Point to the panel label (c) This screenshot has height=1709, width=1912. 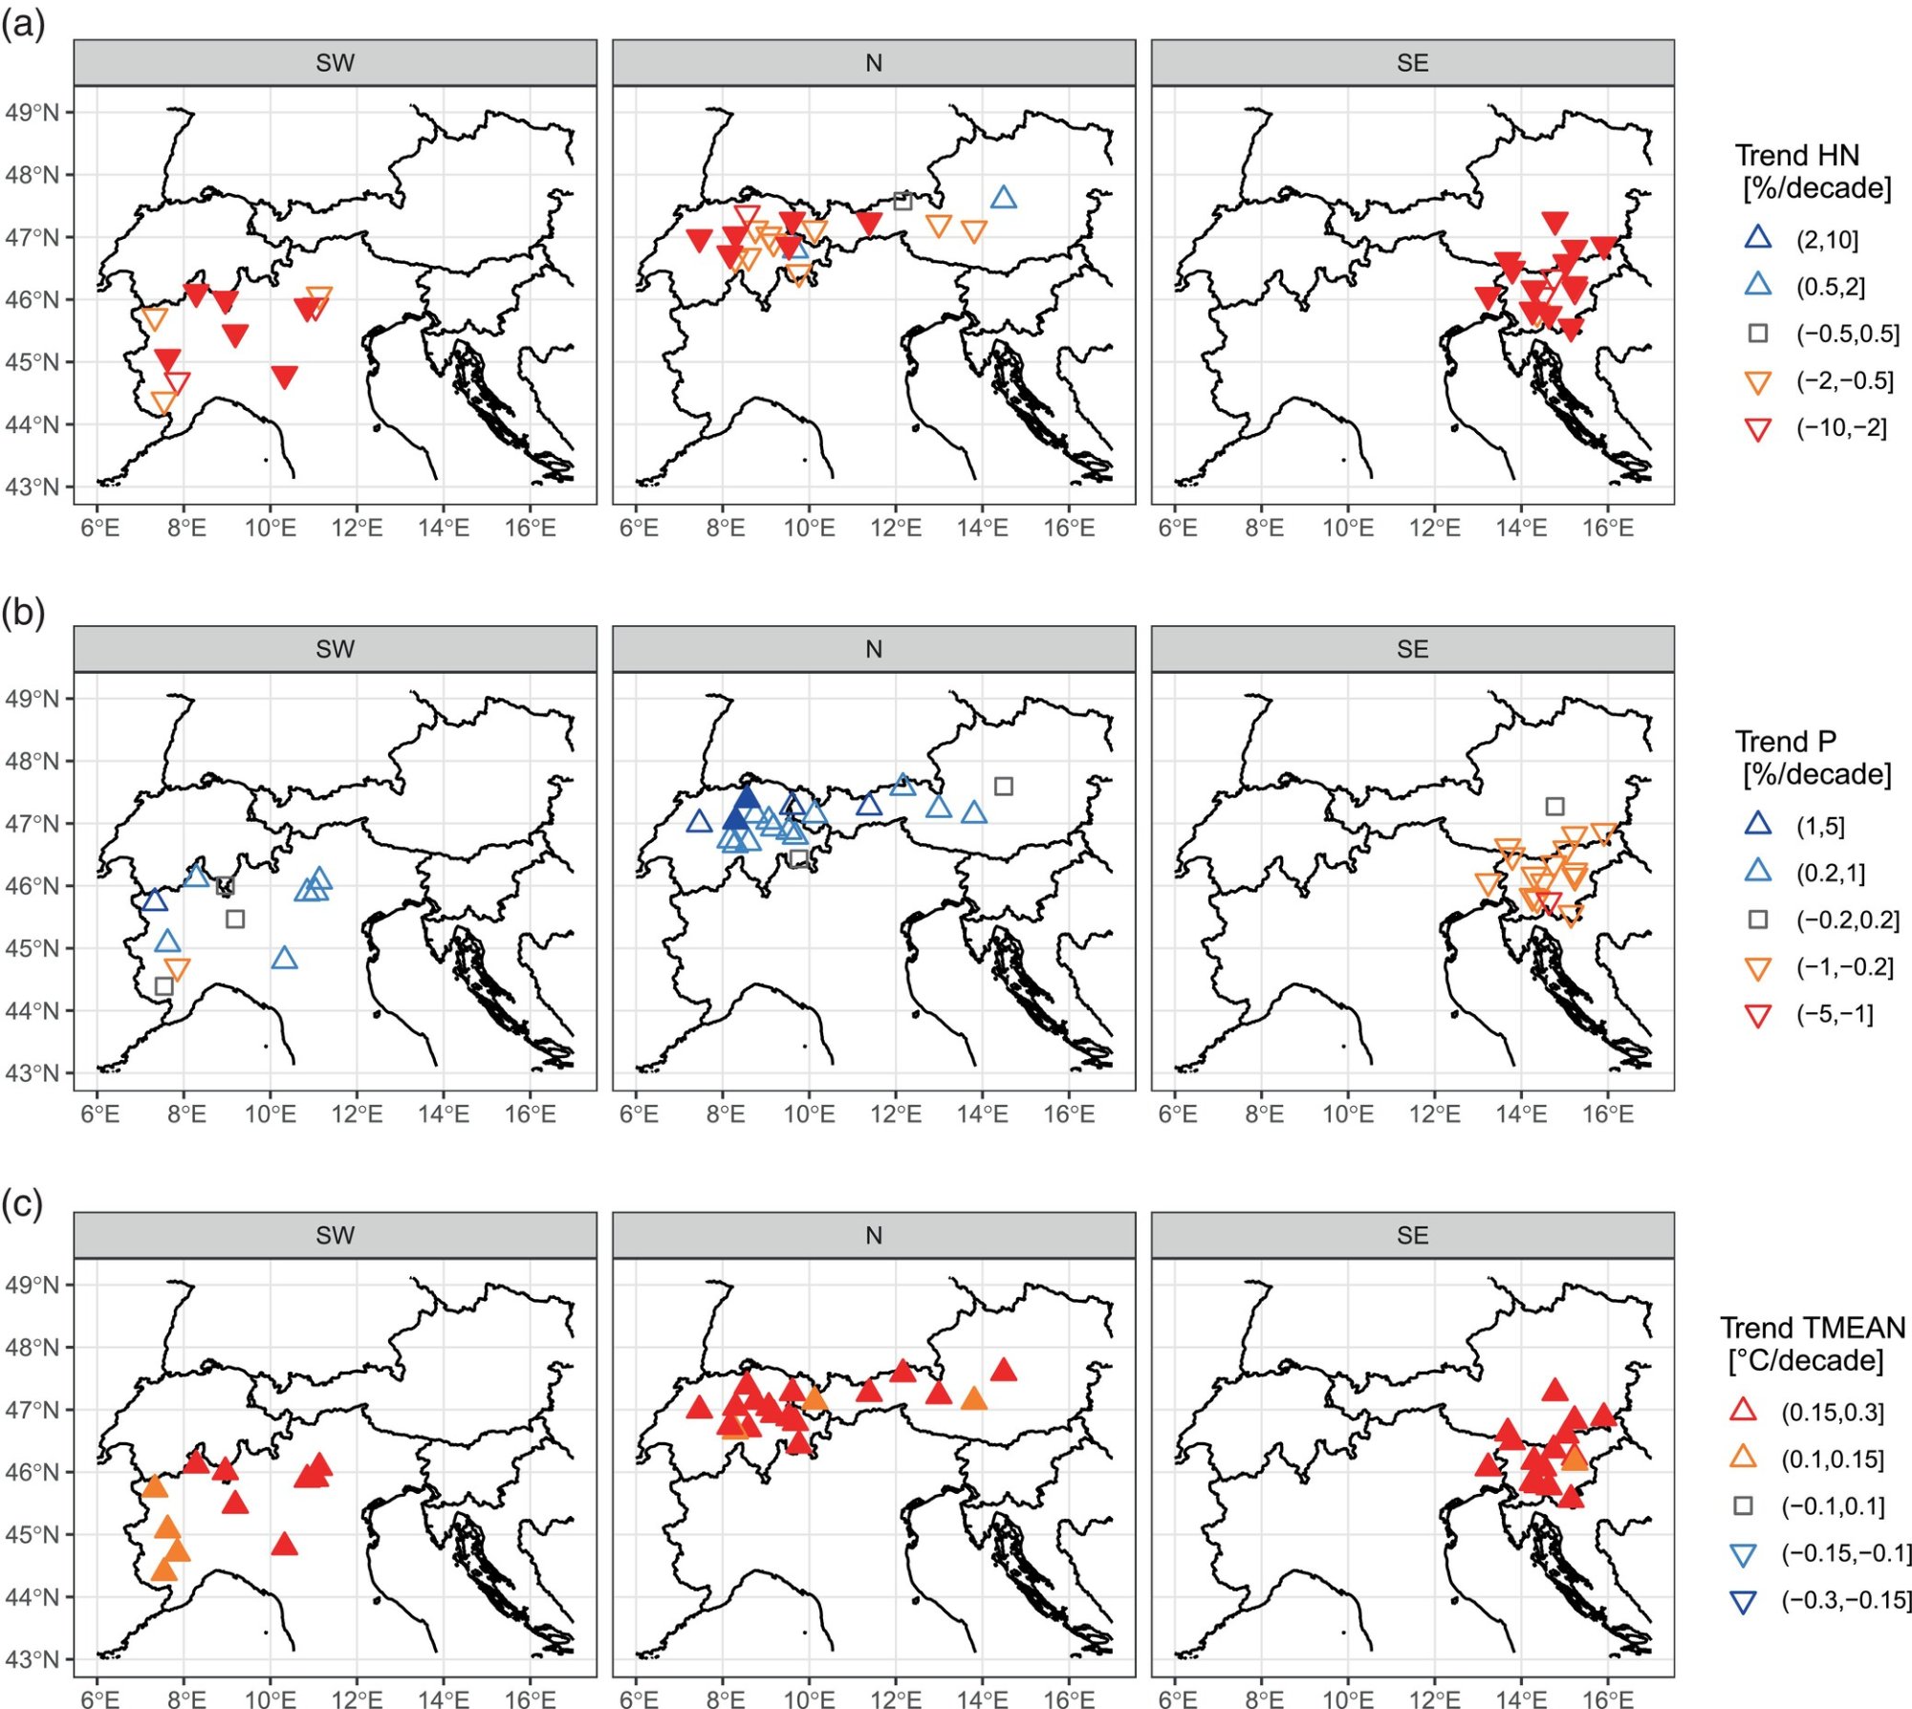click(23, 1204)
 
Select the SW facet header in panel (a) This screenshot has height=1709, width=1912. click(335, 63)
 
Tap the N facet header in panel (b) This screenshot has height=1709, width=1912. click(873, 649)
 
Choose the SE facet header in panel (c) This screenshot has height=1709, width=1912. click(1412, 1235)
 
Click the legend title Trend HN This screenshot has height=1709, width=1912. click(1796, 156)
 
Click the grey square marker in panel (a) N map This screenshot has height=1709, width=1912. click(902, 201)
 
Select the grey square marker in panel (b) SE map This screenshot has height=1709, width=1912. click(1554, 807)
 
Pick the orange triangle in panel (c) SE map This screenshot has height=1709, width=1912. click(1575, 1457)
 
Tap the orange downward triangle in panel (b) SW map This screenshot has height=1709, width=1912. click(177, 969)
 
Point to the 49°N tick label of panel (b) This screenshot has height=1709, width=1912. click(32, 699)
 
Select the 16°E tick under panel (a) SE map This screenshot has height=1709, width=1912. click(1607, 528)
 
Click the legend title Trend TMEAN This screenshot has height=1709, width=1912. click(1812, 1328)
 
